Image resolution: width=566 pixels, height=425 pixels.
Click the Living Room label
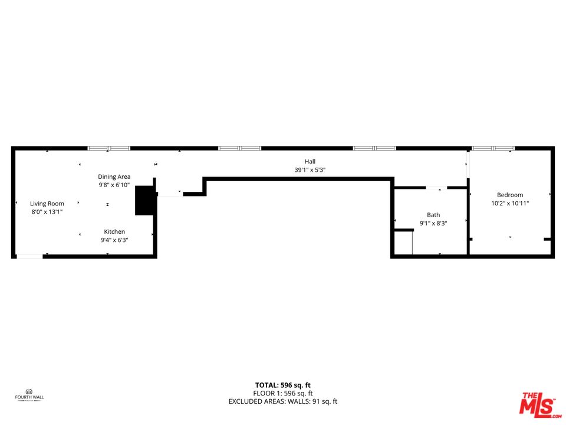point(47,204)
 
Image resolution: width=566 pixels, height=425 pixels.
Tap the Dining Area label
point(114,176)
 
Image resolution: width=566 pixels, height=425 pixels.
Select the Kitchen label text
point(114,231)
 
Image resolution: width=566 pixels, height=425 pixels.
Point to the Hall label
point(310,161)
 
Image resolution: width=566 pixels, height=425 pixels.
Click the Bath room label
point(433,215)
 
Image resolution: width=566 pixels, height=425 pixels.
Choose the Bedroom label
point(510,195)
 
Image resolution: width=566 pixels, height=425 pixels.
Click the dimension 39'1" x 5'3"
point(310,170)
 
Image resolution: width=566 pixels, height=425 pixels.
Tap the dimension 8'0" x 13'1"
point(47,212)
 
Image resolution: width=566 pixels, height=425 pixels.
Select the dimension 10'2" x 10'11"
point(510,204)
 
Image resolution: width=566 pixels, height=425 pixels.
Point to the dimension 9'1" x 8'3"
point(433,224)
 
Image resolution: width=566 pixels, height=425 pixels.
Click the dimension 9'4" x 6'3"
point(114,240)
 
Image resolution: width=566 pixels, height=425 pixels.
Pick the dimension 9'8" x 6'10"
point(114,185)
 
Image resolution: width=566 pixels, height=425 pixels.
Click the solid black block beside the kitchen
point(144,200)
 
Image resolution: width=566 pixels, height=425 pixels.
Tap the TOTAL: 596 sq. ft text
point(282,384)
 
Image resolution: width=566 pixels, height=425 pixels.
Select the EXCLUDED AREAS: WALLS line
point(282,401)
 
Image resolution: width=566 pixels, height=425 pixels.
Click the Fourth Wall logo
point(29,394)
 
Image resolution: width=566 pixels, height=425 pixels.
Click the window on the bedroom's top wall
point(493,148)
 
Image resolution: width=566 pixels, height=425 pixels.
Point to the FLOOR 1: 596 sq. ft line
point(282,393)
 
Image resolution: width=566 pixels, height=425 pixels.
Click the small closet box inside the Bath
point(403,243)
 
